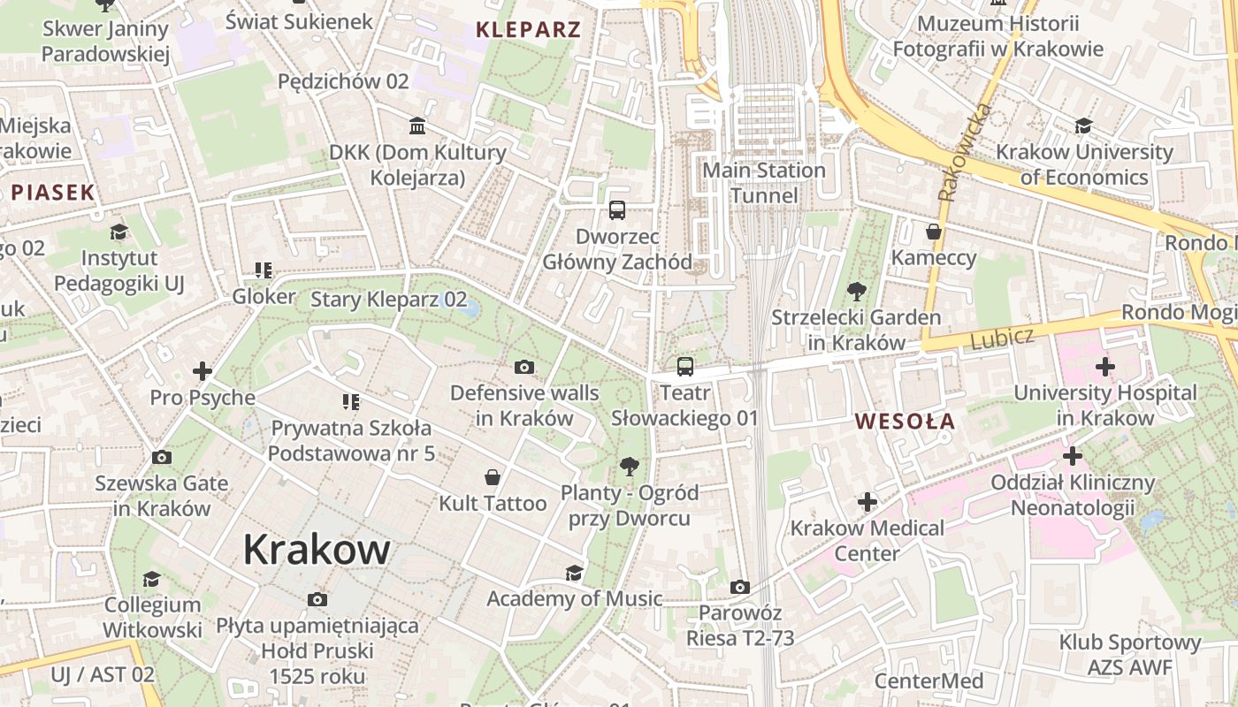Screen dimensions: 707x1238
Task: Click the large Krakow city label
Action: coord(316,550)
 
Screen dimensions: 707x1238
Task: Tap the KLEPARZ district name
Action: coord(528,29)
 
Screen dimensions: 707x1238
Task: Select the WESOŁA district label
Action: coord(906,422)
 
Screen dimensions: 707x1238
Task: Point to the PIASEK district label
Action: coord(53,192)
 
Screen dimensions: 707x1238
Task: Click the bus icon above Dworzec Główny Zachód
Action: coord(617,210)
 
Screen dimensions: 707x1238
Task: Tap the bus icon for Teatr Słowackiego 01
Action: coord(684,367)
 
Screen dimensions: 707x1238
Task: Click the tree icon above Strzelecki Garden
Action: coord(856,291)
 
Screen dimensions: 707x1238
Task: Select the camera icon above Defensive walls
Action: coord(524,367)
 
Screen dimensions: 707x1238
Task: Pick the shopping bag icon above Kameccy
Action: coord(934,232)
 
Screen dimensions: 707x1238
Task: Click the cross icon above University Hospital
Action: coord(1104,366)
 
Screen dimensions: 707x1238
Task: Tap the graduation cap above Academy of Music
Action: coord(574,573)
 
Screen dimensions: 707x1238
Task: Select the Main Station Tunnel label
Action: coord(764,182)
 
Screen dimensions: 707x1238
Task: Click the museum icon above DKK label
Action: coord(417,125)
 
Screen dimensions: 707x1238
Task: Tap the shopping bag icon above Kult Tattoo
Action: coord(493,477)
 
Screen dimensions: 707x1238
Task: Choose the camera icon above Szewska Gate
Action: coord(161,457)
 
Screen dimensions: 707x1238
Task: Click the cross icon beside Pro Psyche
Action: coord(203,371)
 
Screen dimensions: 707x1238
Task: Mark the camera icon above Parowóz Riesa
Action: coord(740,587)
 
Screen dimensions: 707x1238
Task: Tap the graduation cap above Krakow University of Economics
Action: coord(1083,125)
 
